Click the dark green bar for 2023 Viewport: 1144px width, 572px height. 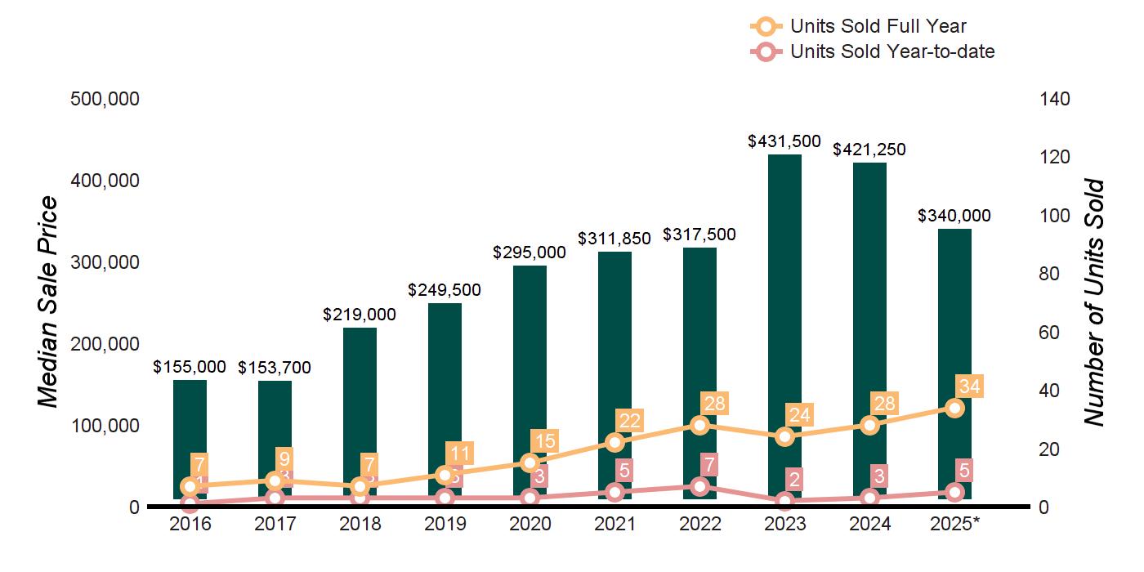click(x=784, y=286)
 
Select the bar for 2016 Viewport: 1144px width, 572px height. click(x=190, y=425)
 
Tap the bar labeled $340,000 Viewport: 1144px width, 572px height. click(x=954, y=327)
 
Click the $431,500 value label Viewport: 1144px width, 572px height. click(x=784, y=141)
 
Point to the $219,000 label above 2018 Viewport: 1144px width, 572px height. click(x=360, y=315)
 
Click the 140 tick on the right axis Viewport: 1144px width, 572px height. click(x=1054, y=99)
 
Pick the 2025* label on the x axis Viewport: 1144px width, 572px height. click(x=954, y=524)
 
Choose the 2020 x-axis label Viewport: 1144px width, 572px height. click(x=530, y=524)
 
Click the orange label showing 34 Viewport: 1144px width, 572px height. click(x=970, y=386)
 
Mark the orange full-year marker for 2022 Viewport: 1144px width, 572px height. click(x=699, y=425)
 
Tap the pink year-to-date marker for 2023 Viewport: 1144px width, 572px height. click(x=784, y=501)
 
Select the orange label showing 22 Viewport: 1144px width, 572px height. click(x=630, y=420)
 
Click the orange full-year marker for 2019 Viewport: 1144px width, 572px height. click(x=445, y=475)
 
